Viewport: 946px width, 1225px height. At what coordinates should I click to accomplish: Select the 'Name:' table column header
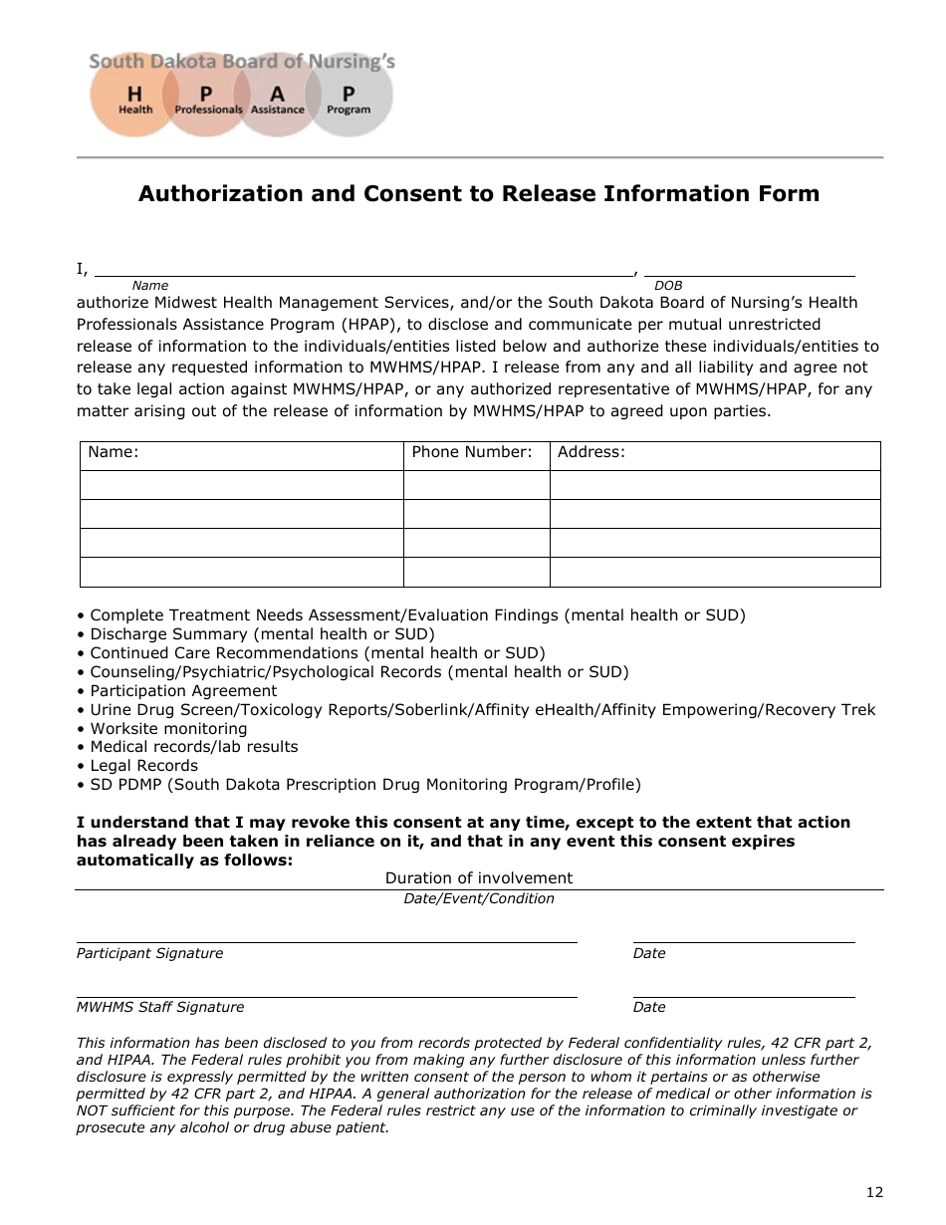click(x=114, y=452)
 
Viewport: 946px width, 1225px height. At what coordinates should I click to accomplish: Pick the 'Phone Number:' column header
click(x=472, y=452)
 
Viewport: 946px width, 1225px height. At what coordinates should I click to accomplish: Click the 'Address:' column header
click(x=591, y=452)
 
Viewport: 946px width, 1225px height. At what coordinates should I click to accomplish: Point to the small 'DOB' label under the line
click(x=668, y=286)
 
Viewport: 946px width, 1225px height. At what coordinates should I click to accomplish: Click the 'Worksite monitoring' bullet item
click(x=168, y=728)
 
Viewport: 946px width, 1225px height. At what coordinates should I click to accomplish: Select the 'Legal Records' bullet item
click(x=143, y=766)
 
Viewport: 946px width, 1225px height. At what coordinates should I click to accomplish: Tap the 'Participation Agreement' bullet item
click(x=183, y=691)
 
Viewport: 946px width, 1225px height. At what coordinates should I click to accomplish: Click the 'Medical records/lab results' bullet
click(x=193, y=747)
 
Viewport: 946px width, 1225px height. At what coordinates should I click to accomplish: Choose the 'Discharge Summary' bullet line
click(x=262, y=634)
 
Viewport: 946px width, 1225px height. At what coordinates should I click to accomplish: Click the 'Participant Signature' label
click(x=149, y=953)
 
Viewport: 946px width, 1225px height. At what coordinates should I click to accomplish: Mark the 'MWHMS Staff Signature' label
click(x=160, y=1007)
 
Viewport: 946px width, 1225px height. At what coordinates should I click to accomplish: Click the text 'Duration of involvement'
click(x=479, y=878)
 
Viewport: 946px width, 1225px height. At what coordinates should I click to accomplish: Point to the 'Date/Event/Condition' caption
click(x=479, y=898)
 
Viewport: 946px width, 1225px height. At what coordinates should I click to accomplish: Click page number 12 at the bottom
click(x=874, y=1192)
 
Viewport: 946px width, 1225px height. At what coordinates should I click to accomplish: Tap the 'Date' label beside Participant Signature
click(x=649, y=953)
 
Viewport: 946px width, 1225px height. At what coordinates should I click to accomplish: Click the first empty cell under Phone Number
click(x=476, y=485)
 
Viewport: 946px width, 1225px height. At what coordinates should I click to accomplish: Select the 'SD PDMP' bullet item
click(x=365, y=785)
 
